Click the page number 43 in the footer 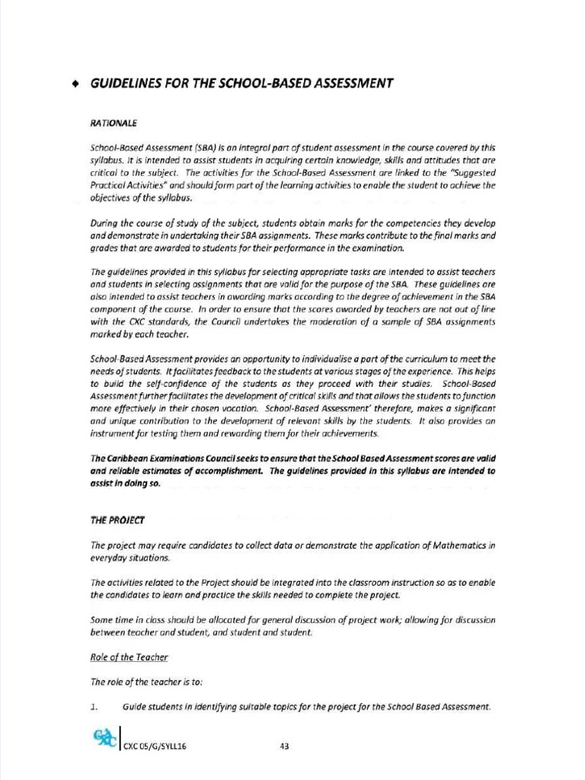tap(284, 746)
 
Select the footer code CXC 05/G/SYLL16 tap(155, 746)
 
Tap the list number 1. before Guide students tap(95, 707)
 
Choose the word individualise tap(310, 359)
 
